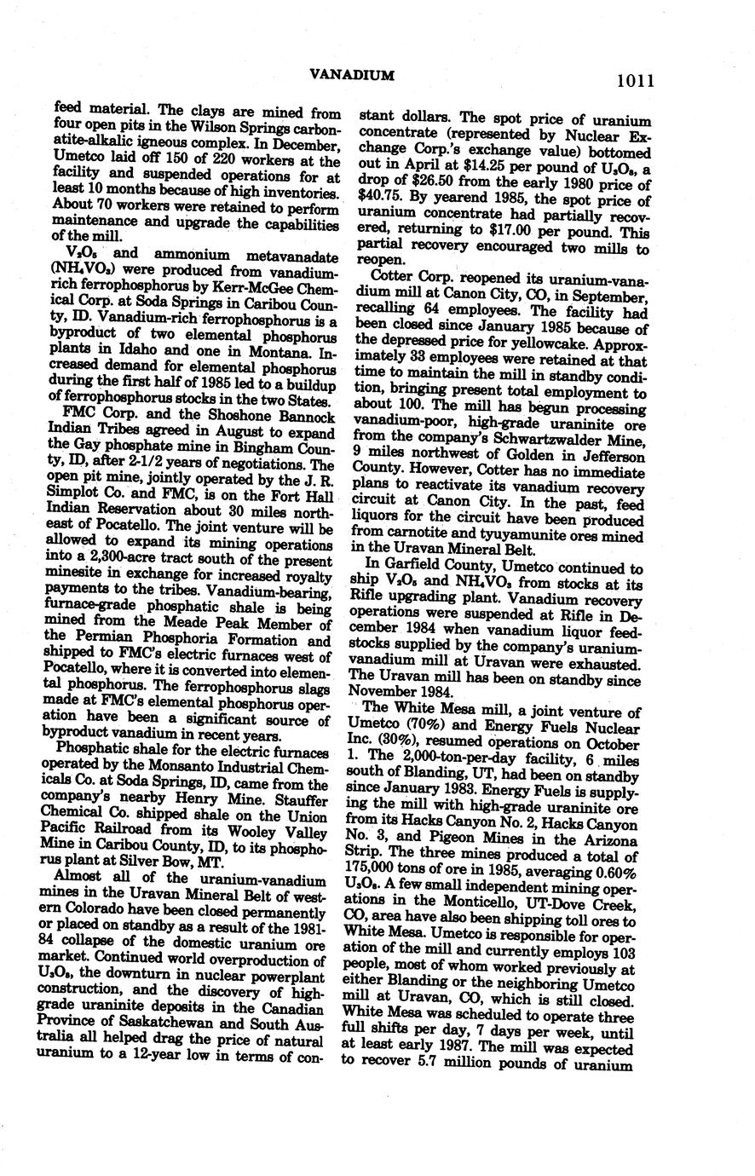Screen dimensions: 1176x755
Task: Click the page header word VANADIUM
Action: [x=352, y=76]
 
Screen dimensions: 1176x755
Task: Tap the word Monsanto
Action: [x=176, y=768]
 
